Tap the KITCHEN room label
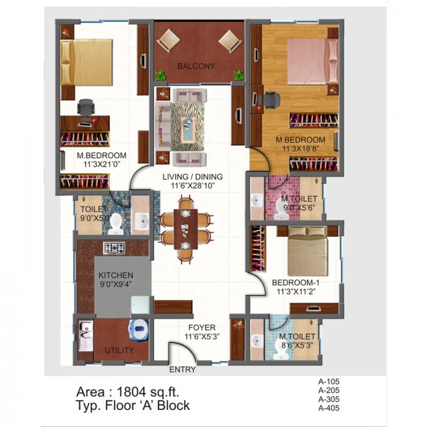click(116, 275)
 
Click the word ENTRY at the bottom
click(182, 369)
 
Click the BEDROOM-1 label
click(296, 283)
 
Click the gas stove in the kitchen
click(113, 248)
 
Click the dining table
click(186, 228)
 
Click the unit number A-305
click(329, 400)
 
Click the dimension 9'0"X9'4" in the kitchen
click(116, 284)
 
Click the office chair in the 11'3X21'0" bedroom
click(86, 107)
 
